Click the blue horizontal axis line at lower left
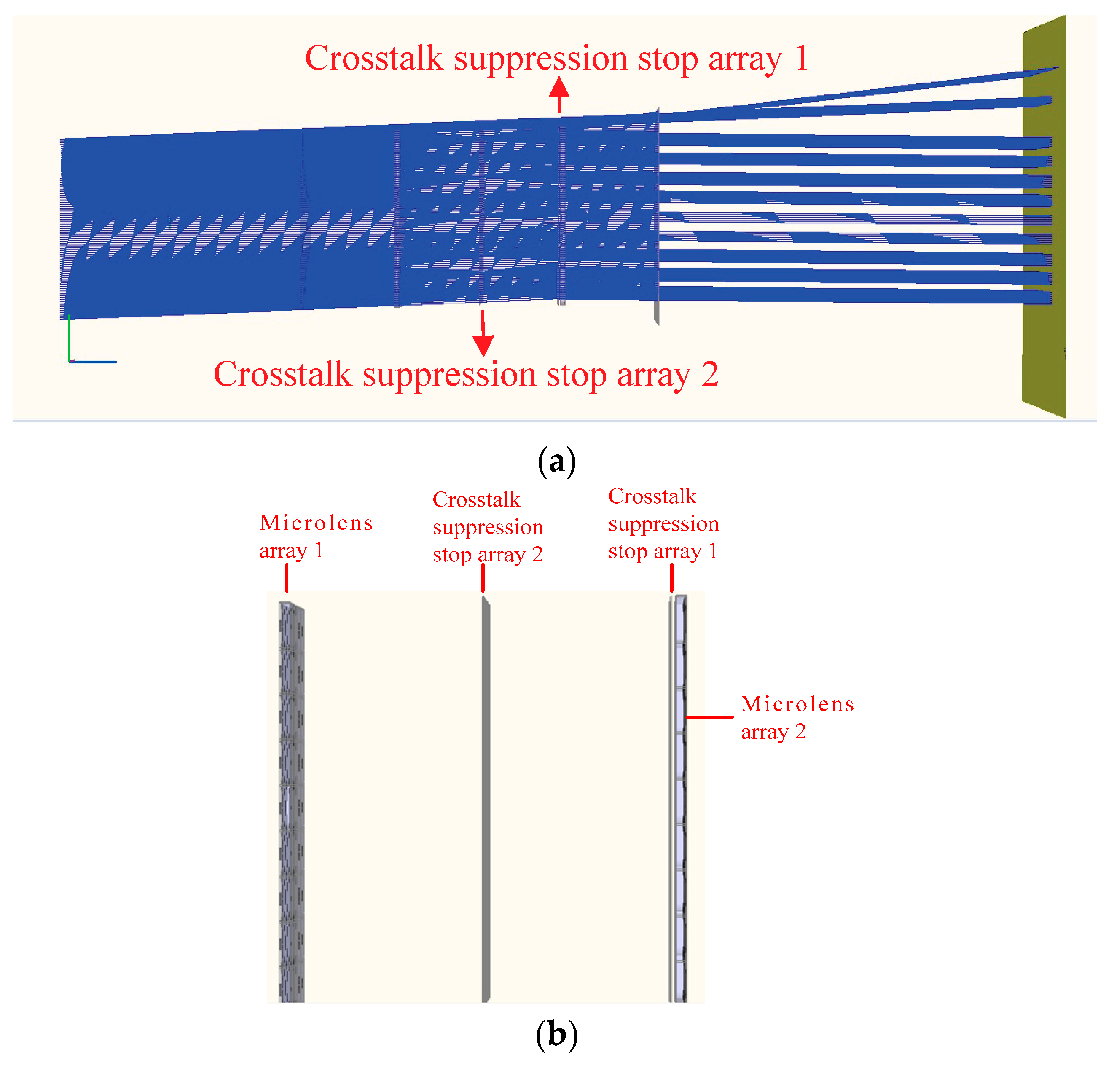coord(94,362)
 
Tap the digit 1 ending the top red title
coord(801,58)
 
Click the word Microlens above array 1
coord(316,522)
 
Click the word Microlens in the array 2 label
coord(797,704)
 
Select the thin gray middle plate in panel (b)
coord(486,796)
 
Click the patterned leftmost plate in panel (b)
coord(291,796)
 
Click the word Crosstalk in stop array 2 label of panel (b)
coord(476,499)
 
